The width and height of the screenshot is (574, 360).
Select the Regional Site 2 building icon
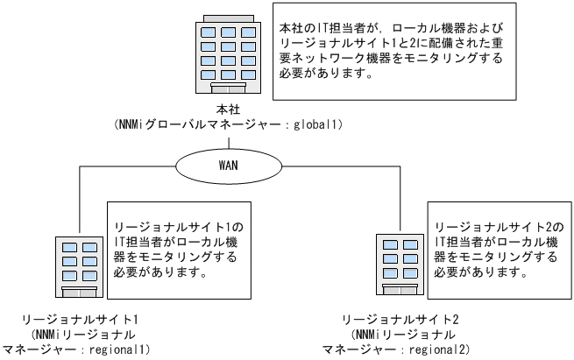click(x=397, y=264)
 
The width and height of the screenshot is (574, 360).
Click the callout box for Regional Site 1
click(x=176, y=244)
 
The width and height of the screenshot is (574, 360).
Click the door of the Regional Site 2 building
click(x=397, y=289)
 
